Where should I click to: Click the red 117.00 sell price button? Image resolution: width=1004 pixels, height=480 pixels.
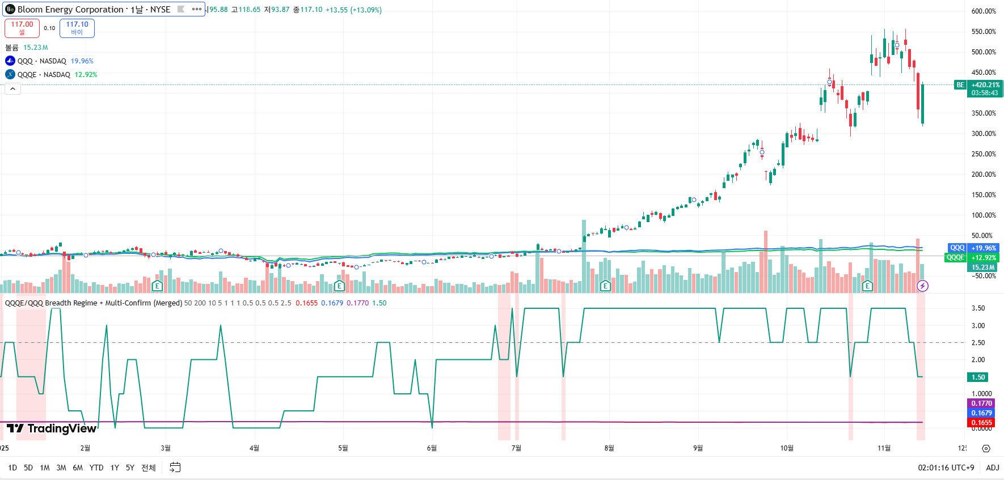click(22, 28)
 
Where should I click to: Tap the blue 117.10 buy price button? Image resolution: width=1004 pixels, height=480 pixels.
click(77, 28)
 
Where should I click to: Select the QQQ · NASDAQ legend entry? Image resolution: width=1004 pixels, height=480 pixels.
click(41, 61)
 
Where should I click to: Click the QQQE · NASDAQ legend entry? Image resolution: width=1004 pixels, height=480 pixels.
click(44, 75)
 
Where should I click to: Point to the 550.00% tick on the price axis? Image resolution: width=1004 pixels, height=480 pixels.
click(984, 32)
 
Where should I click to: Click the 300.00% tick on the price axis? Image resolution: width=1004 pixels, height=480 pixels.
click(984, 134)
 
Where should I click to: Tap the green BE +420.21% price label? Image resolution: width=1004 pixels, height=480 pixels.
click(985, 85)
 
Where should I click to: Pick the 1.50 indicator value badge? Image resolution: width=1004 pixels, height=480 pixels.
click(978, 377)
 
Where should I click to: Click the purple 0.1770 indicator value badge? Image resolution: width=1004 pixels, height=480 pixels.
click(981, 403)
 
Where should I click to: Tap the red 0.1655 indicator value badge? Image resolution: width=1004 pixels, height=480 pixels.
click(981, 423)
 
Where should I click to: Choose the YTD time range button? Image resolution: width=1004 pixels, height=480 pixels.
click(96, 468)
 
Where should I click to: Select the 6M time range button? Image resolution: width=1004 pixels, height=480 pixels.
click(78, 468)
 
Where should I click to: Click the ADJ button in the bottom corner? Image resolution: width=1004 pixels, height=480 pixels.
click(993, 468)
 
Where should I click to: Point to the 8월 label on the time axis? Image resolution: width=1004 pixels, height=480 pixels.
click(609, 448)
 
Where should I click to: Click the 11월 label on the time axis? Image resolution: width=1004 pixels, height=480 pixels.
click(884, 448)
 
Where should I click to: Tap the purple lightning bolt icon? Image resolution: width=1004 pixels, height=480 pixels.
click(923, 286)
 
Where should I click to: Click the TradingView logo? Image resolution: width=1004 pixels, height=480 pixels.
click(52, 428)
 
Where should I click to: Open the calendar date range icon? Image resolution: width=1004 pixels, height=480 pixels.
click(175, 468)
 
